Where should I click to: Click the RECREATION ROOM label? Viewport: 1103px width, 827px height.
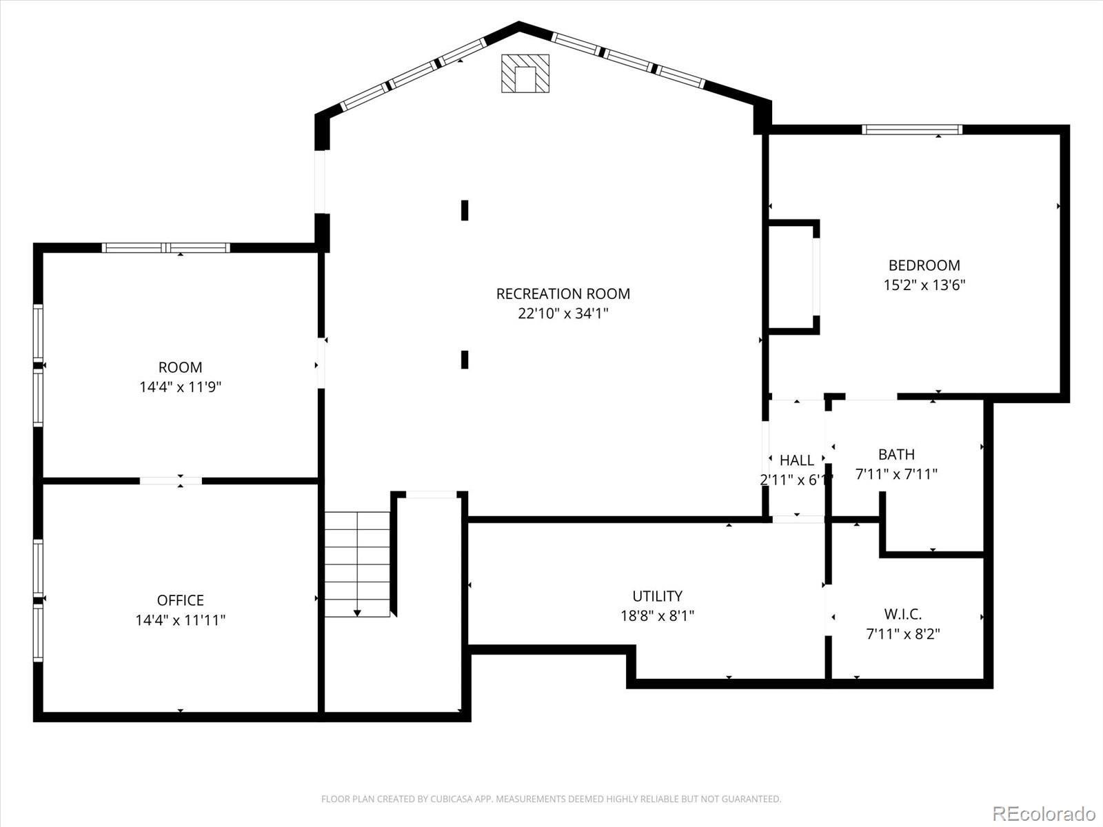point(563,294)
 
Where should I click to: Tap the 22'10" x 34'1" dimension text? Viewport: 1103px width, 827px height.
point(563,314)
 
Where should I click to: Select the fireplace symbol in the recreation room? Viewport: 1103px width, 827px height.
point(525,74)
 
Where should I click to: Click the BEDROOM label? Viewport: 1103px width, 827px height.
point(924,265)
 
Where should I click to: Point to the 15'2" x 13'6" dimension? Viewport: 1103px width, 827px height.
point(924,285)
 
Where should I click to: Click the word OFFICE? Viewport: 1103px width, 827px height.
point(180,600)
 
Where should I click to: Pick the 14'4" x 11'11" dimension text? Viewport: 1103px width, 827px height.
point(180,620)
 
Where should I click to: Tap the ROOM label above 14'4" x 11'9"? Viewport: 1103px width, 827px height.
point(180,367)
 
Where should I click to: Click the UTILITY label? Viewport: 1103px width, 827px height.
point(657,596)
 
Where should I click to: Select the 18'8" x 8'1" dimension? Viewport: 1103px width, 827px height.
point(657,615)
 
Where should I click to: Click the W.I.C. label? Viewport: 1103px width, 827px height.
point(902,614)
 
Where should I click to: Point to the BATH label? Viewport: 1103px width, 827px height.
point(896,455)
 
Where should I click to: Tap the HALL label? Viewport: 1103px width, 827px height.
point(796,460)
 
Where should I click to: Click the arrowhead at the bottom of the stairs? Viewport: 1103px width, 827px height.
point(357,612)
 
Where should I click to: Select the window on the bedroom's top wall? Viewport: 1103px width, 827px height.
point(911,130)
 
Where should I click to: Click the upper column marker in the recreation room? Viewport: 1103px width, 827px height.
point(465,210)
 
